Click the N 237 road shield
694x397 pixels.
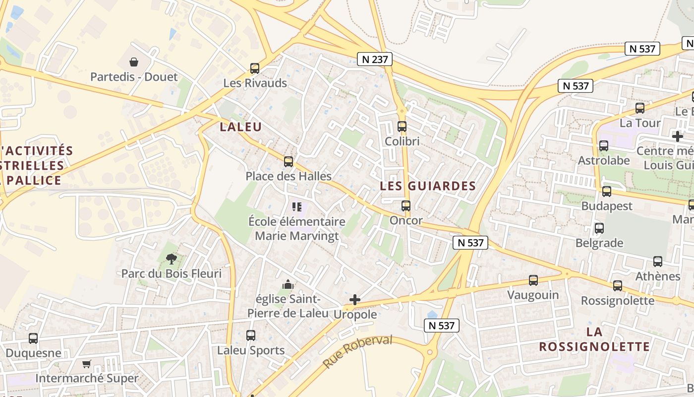tap(375, 60)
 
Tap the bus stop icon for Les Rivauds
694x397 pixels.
tap(255, 68)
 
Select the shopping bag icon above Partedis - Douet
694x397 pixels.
tap(133, 62)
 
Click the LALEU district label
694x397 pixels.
tap(240, 127)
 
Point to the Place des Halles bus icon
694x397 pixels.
tap(288, 162)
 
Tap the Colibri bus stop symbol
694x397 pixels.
tap(402, 127)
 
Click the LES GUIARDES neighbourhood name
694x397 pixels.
tap(428, 186)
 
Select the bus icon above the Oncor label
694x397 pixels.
tap(406, 205)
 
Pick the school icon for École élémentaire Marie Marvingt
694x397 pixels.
tap(297, 206)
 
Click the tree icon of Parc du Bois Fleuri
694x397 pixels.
tap(172, 259)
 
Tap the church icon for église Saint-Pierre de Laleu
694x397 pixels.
tap(288, 284)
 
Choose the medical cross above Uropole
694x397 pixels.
tap(355, 299)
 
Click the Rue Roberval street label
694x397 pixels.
tap(357, 351)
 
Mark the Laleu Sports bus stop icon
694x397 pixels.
tap(251, 335)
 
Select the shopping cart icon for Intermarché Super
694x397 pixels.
tap(87, 364)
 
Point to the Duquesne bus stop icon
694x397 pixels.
tap(33, 338)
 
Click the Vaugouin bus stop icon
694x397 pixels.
tap(533, 280)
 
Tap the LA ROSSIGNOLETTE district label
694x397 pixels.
tap(594, 339)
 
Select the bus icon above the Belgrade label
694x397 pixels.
tap(599, 228)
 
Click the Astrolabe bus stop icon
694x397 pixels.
tap(604, 146)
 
